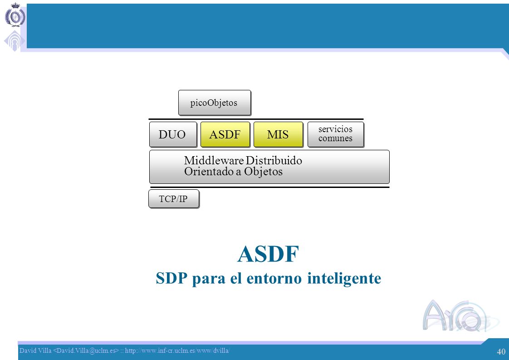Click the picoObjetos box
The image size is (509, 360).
point(215,103)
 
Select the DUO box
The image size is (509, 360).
point(173,134)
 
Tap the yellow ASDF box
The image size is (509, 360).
point(225,134)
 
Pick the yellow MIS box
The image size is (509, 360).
point(278,134)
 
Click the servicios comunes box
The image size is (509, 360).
point(336,134)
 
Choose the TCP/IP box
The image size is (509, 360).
point(174,199)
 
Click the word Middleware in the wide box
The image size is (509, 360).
point(214,160)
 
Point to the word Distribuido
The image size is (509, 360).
point(274,160)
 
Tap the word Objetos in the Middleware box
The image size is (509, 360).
point(263,172)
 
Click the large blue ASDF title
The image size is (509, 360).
point(268,254)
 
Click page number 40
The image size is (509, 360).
point(501,351)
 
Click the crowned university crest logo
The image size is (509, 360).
point(15,15)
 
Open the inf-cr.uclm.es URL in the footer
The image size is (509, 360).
point(177,350)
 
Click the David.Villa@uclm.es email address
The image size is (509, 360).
point(86,350)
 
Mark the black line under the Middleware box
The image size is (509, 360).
point(269,187)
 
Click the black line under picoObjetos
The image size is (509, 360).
point(256,119)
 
